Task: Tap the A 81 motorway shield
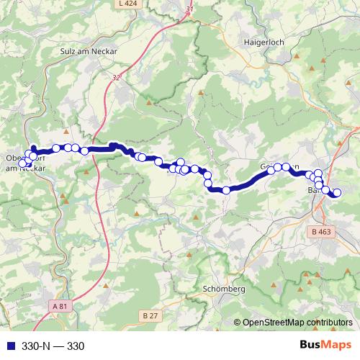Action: pos(63,307)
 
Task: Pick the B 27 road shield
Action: pos(150,316)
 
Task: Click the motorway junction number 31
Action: pos(189,9)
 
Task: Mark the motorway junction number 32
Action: pos(117,75)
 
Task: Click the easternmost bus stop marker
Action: pos(336,192)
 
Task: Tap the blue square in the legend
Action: pos(9,346)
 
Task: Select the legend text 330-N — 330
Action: pos(54,346)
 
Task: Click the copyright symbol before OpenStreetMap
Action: pos(238,323)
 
